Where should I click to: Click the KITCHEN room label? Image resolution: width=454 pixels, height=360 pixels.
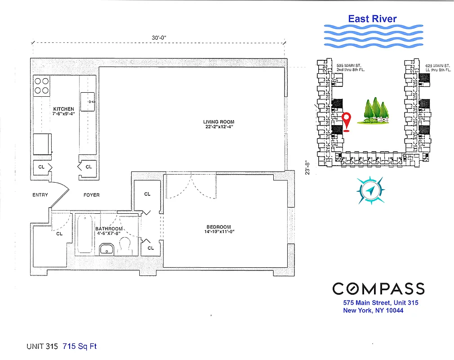pyautogui.click(x=63, y=109)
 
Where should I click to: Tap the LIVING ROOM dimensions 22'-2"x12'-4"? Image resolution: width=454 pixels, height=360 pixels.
pyautogui.click(x=218, y=127)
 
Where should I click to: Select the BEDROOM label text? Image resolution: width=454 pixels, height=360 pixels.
pyautogui.click(x=218, y=227)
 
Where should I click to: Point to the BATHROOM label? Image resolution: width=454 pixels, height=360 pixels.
pyautogui.click(x=109, y=229)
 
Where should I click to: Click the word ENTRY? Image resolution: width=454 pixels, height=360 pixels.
pyautogui.click(x=40, y=195)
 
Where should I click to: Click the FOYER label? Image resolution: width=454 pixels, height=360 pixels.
pyautogui.click(x=92, y=195)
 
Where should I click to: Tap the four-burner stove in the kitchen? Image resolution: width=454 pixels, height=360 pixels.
pyautogui.click(x=42, y=85)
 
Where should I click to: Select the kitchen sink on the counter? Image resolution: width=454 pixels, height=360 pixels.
pyautogui.click(x=88, y=102)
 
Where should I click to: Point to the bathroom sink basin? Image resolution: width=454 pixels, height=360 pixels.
pyautogui.click(x=106, y=249)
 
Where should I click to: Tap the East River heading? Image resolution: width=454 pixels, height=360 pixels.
pyautogui.click(x=372, y=18)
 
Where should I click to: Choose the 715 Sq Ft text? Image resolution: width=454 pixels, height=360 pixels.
pyautogui.click(x=80, y=346)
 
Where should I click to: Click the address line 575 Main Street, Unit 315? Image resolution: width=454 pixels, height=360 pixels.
pyautogui.click(x=380, y=303)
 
